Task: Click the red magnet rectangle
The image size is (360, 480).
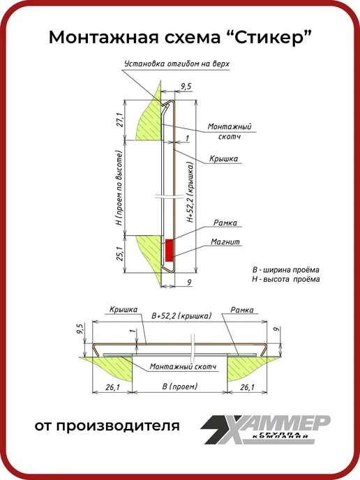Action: pos(170,250)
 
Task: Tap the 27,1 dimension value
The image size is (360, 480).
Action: pos(120,120)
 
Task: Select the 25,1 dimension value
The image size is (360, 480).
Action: pos(120,254)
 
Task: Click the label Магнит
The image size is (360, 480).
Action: pos(225,242)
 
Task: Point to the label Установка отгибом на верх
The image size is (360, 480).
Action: pos(177,63)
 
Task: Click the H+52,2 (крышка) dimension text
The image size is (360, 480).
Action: pos(190,192)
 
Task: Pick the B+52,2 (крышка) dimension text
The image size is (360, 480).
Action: pos(181,315)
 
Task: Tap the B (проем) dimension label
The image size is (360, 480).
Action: pos(180,387)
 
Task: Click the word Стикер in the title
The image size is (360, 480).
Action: pos(269,38)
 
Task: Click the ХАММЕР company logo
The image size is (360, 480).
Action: pos(265,429)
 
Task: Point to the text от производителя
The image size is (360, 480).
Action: pos(107,426)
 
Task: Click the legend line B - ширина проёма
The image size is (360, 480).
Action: pos(285,270)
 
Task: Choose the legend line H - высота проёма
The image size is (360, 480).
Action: pos(285,279)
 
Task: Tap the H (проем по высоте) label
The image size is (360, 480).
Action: pos(119,188)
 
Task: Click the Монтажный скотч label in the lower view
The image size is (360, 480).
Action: pos(183,366)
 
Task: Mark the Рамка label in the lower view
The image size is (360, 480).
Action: pos(242,310)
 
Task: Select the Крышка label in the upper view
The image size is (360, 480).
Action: pos(223,158)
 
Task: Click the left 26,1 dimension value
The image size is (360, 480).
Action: pos(112,387)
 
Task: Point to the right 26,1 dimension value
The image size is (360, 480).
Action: pos(247,387)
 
